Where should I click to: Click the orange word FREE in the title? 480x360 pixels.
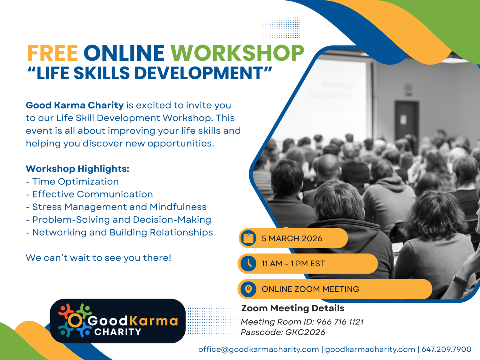click(x=52, y=53)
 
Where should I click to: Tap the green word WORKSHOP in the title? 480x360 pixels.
click(x=237, y=53)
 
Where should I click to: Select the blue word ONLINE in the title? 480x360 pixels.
click(x=124, y=53)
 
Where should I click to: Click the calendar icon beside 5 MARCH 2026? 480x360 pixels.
click(x=248, y=238)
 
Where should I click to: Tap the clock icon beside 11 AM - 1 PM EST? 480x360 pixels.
click(x=248, y=263)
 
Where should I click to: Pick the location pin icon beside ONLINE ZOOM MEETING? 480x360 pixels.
click(x=248, y=289)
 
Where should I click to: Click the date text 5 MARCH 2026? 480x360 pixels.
click(x=292, y=238)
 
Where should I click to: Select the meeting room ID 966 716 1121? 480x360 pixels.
click(x=340, y=322)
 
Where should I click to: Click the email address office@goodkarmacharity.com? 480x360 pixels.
click(x=259, y=349)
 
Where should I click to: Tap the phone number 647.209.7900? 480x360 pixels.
click(x=446, y=349)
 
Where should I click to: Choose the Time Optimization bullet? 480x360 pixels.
click(x=72, y=182)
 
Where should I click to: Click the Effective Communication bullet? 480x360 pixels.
click(x=89, y=194)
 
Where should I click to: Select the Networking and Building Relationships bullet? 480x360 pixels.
click(x=119, y=232)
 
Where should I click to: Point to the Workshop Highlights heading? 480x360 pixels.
click(x=78, y=169)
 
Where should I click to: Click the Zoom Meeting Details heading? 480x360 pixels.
click(x=293, y=308)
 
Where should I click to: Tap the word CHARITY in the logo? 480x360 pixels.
click(x=118, y=332)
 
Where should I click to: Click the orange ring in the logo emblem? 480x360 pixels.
click(x=75, y=320)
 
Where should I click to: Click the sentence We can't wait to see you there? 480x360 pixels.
click(x=99, y=258)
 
